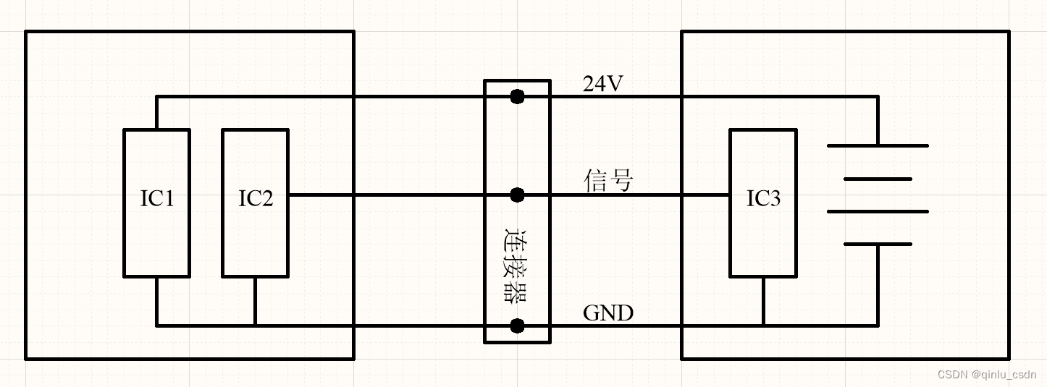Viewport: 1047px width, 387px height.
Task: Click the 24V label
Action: tap(602, 85)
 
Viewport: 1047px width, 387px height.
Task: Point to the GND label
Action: tap(608, 313)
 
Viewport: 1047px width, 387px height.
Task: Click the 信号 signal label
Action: tap(608, 181)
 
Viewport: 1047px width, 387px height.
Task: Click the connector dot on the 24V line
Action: tap(517, 96)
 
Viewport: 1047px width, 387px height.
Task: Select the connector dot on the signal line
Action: tap(517, 195)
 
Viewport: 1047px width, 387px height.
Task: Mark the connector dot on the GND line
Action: tap(517, 326)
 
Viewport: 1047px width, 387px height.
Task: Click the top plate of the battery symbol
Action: tap(878, 145)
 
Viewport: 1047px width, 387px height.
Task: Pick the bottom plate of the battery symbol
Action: tap(878, 244)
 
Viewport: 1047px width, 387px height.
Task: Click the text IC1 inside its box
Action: tap(156, 199)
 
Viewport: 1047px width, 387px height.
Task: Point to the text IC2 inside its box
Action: tap(256, 199)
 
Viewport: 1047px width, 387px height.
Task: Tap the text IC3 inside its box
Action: tap(763, 199)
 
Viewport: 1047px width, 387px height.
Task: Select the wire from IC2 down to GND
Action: tap(255, 301)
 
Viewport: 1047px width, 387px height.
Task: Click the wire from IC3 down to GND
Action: tap(763, 301)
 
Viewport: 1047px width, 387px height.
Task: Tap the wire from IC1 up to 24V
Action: tap(156, 113)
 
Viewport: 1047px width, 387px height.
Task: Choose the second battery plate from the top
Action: tap(878, 179)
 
